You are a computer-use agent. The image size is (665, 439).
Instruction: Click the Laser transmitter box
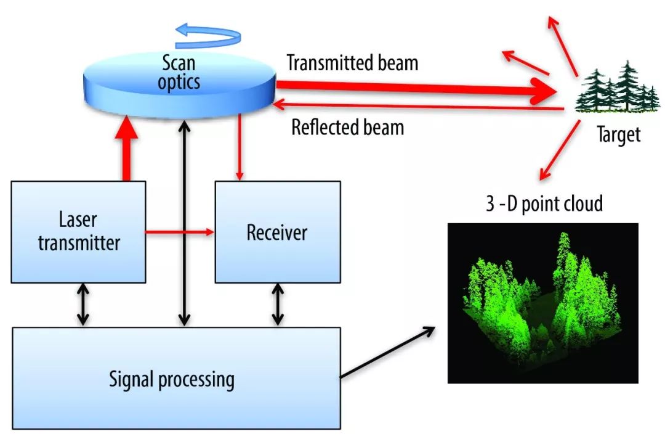78,232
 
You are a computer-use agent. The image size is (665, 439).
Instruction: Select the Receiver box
278,232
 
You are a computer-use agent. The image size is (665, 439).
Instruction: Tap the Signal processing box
177,379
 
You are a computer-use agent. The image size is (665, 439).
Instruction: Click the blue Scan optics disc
180,85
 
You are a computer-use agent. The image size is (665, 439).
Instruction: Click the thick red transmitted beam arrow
416,89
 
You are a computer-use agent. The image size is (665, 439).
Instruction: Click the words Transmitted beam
352,63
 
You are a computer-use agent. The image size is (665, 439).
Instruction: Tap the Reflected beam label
348,128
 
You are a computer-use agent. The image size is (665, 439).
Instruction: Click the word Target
618,135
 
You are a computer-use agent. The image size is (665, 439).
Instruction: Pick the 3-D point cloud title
544,203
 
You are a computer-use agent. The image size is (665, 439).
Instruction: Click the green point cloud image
543,303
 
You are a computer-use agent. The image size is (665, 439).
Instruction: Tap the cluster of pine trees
618,88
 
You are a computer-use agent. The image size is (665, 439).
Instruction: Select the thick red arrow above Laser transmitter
126,148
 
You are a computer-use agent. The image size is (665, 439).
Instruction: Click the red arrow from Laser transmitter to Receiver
180,232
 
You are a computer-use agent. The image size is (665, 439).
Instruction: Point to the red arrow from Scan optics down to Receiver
240,147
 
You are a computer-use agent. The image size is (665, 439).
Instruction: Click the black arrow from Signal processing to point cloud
388,352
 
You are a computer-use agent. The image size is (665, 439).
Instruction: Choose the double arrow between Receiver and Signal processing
278,305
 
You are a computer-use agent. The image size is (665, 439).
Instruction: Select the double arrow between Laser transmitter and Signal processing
83,305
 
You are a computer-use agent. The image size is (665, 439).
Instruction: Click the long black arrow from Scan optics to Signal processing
184,223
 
